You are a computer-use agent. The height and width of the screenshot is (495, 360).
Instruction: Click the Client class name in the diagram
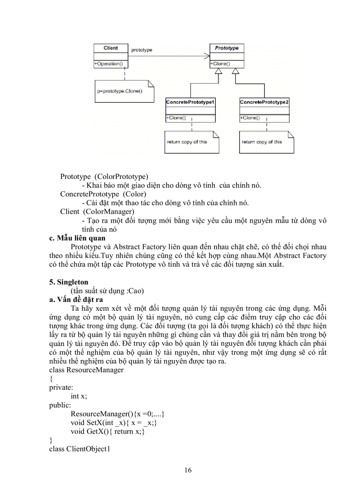pos(110,48)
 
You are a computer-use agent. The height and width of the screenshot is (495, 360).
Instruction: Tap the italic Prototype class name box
pos(226,48)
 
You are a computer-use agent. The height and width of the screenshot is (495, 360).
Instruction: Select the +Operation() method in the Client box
pos(109,64)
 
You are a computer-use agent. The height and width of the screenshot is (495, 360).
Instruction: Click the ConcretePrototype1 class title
pos(190,102)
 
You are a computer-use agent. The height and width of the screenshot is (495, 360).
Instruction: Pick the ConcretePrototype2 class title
pos(264,102)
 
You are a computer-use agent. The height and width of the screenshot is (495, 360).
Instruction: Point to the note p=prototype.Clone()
pos(116,91)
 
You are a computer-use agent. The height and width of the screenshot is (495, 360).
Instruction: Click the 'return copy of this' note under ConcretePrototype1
pos(187,142)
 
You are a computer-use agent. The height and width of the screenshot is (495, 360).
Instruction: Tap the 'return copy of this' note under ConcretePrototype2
pos(262,142)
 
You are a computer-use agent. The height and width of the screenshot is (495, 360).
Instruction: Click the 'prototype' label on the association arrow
pos(142,50)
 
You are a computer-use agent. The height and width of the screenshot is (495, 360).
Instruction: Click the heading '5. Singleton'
pos(68,282)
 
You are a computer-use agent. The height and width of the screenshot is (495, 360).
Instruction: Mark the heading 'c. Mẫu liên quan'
pos(77,238)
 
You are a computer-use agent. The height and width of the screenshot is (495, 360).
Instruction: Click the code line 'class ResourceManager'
pos(86,369)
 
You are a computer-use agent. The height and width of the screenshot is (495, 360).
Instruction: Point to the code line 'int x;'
pos(79,396)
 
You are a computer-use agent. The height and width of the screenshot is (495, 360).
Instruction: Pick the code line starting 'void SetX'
pos(114,422)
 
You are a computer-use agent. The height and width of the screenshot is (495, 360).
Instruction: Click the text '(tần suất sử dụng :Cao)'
pos(108,291)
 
